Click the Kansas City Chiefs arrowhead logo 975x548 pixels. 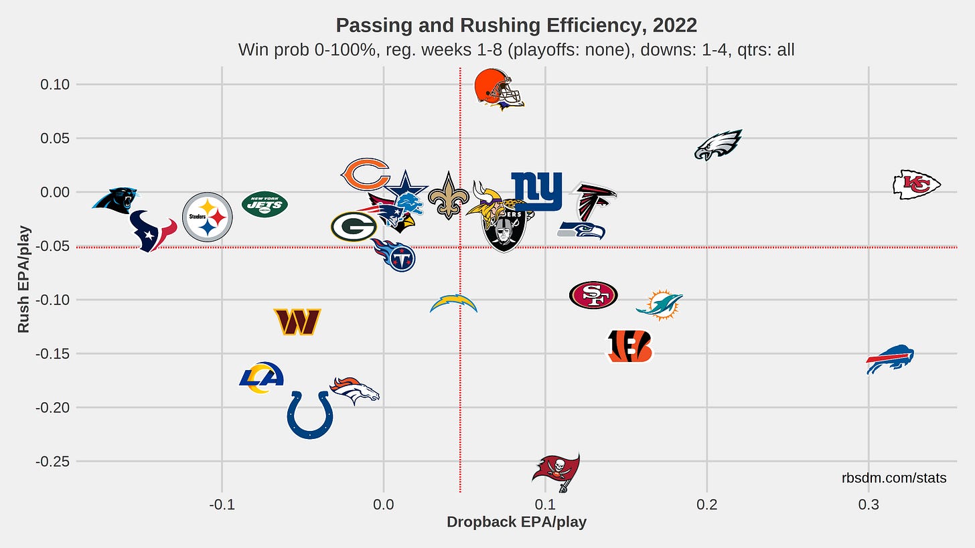point(917,185)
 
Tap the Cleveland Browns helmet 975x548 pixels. point(496,88)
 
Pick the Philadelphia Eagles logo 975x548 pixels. point(718,145)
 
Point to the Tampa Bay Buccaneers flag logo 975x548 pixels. point(556,471)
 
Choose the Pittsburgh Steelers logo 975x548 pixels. point(208,217)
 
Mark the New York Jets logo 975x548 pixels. point(265,203)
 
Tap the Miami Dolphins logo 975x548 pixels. point(660,304)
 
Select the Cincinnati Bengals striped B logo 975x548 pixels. point(629,346)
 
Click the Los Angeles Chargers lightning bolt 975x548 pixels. point(454,304)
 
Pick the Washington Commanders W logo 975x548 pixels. point(297,322)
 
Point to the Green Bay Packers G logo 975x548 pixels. point(354,227)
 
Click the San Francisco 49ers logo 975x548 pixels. point(593,295)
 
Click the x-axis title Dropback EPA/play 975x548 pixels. point(516,523)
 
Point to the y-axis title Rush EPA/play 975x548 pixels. point(23,277)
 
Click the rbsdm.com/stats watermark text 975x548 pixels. point(893,478)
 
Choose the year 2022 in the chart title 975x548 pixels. point(675,25)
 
